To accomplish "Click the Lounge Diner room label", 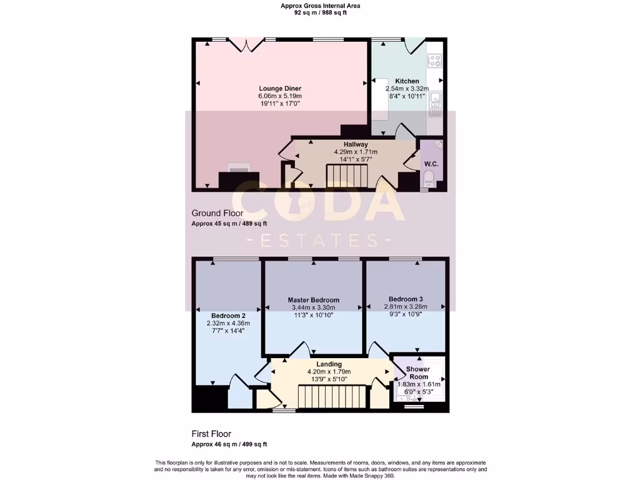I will pyautogui.click(x=279, y=89).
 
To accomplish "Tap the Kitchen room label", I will pyautogui.click(x=407, y=81).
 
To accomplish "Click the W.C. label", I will pyautogui.click(x=431, y=164).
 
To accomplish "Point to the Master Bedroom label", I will pyautogui.click(x=314, y=300).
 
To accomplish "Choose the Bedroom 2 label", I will pyautogui.click(x=228, y=315).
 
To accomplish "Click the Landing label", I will pyautogui.click(x=329, y=364).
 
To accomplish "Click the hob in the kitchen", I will pyautogui.click(x=435, y=61).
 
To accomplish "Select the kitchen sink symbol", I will pyautogui.click(x=436, y=100).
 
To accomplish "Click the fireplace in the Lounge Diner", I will pyautogui.click(x=238, y=169).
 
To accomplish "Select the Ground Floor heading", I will pyautogui.click(x=217, y=213).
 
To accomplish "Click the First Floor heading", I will pyautogui.click(x=211, y=434).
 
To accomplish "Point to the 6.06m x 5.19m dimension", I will pyautogui.click(x=279, y=96).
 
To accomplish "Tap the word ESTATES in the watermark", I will pyautogui.click(x=319, y=241).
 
